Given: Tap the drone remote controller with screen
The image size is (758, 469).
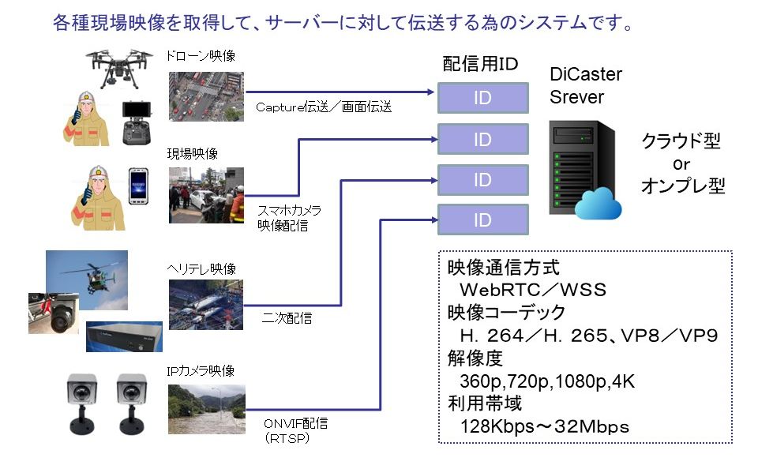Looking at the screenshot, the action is [x=137, y=123].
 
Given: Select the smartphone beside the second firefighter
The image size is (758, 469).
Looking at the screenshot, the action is [x=138, y=186].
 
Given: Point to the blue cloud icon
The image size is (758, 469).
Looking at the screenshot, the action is [x=599, y=203].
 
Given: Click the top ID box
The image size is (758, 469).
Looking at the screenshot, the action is [x=483, y=98].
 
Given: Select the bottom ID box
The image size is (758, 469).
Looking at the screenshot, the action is [x=483, y=219].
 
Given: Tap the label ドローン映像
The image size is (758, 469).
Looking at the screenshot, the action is [x=201, y=56].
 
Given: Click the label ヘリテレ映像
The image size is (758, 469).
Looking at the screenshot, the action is [x=201, y=268].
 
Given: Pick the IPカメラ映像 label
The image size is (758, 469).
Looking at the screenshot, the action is [x=201, y=371].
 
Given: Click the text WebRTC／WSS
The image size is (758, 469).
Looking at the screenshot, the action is [x=533, y=290].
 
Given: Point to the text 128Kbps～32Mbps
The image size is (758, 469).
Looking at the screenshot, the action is [x=544, y=426].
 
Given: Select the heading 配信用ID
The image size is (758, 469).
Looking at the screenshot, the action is [x=480, y=64].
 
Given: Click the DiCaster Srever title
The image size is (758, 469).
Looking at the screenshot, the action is [x=586, y=85].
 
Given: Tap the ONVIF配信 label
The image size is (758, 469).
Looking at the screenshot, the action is [x=296, y=423].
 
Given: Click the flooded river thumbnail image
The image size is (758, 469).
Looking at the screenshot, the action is [x=207, y=409].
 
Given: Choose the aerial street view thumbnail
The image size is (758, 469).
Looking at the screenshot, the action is [x=206, y=96].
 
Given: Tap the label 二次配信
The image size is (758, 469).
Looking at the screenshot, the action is [x=287, y=318].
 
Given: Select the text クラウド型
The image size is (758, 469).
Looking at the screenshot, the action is [x=681, y=141].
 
